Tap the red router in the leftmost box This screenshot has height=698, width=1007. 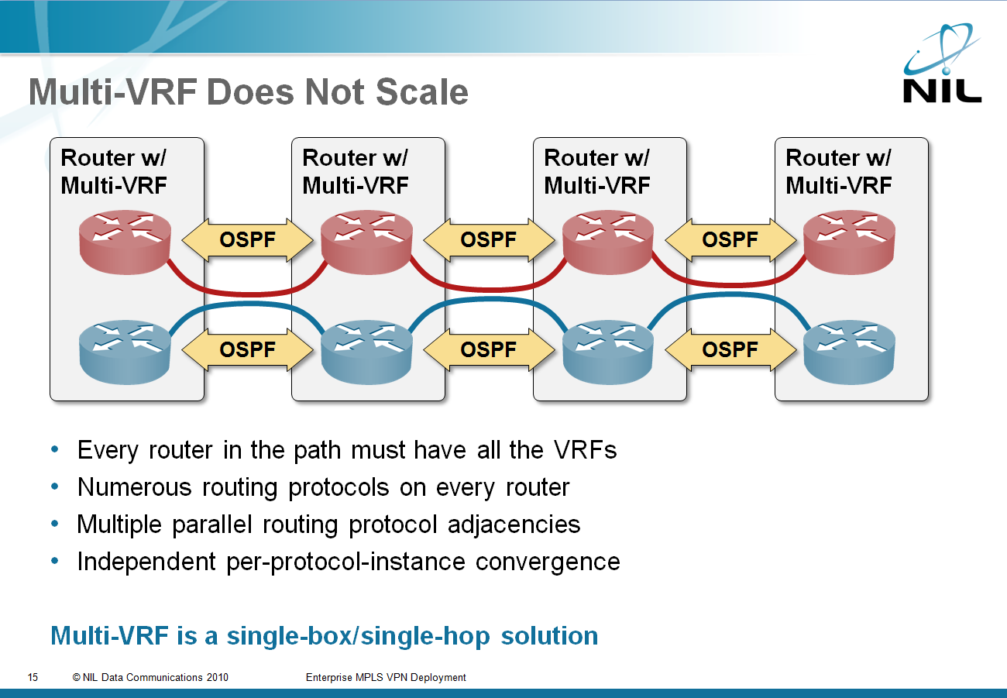pos(125,242)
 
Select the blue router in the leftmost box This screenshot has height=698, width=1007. pos(125,352)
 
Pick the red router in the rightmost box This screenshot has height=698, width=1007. pos(849,242)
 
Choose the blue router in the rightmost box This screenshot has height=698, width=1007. pos(849,352)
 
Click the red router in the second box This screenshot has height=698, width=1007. pos(366,242)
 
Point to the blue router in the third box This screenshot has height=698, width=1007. pos(608,352)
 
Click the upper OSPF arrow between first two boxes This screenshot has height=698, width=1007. pos(247,239)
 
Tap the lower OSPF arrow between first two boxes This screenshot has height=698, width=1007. pos(247,350)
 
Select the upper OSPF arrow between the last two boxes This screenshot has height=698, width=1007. pos(730,239)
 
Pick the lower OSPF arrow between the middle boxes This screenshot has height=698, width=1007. pos(489,350)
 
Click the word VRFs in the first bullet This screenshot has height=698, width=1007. pos(586,450)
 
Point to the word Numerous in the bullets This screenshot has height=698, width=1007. pos(135,487)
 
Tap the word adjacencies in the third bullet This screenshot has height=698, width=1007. pos(514,525)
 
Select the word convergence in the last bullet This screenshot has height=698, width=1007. pos(548,562)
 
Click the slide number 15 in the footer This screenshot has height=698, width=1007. pos(33,677)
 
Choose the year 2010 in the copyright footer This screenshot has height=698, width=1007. pos(217,677)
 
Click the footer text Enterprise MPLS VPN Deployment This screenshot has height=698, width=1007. pos(386,677)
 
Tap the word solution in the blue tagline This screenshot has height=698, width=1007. pos(549,636)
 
